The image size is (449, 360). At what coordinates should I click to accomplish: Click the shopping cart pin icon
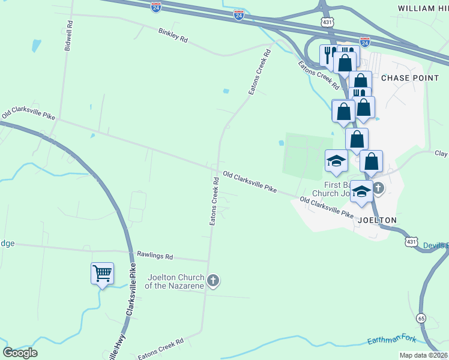pyautogui.click(x=102, y=274)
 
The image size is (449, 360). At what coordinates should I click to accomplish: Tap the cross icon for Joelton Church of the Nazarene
pyautogui.click(x=212, y=280)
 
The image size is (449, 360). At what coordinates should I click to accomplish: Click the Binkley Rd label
pyautogui.click(x=173, y=35)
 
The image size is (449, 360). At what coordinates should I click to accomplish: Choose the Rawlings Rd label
pyautogui.click(x=155, y=256)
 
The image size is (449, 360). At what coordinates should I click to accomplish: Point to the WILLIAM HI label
pyautogui.click(x=423, y=8)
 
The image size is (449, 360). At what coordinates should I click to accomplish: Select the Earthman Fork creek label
pyautogui.click(x=391, y=340)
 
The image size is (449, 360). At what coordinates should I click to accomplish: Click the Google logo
pyautogui.click(x=20, y=352)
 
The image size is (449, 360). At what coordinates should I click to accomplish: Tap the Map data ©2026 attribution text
pyautogui.click(x=424, y=355)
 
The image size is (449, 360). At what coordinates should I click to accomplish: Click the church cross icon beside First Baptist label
pyautogui.click(x=378, y=188)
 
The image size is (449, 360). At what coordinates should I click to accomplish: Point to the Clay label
pyautogui.click(x=441, y=154)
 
